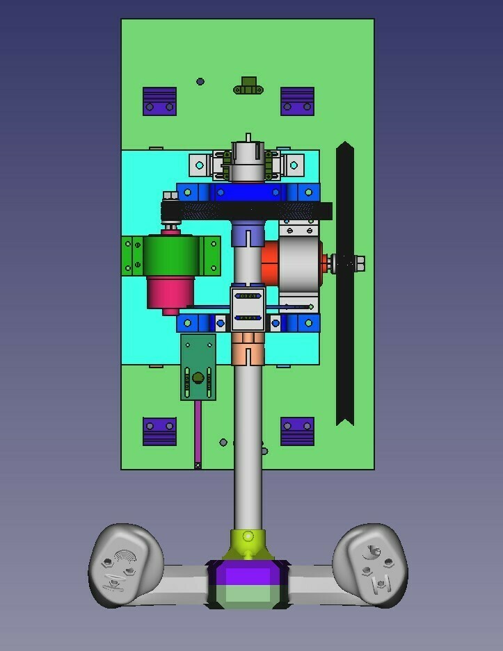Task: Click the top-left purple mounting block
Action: (159, 101)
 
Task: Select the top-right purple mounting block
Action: (297, 101)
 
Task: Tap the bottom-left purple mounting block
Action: (159, 431)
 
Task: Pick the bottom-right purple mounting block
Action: (297, 431)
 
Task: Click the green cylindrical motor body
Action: (171, 256)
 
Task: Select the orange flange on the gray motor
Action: (269, 263)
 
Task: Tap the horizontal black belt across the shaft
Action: (246, 211)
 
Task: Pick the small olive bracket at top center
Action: (248, 85)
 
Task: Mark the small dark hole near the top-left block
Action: (200, 81)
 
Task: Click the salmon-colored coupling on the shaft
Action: (248, 348)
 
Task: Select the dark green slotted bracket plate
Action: (198, 368)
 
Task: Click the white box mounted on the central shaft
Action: (248, 308)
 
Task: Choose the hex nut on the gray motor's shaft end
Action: (359, 263)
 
